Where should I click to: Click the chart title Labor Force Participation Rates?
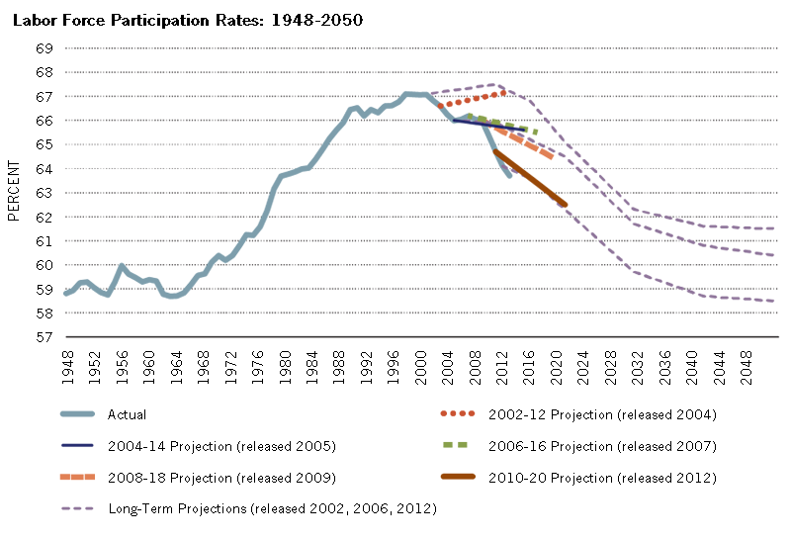coord(187,20)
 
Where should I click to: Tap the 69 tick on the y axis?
coord(44,48)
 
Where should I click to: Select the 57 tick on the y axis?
coord(44,337)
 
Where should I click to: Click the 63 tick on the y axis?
coord(44,193)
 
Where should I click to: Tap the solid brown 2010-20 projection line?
coord(529,178)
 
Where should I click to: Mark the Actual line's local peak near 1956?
coord(121,265)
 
